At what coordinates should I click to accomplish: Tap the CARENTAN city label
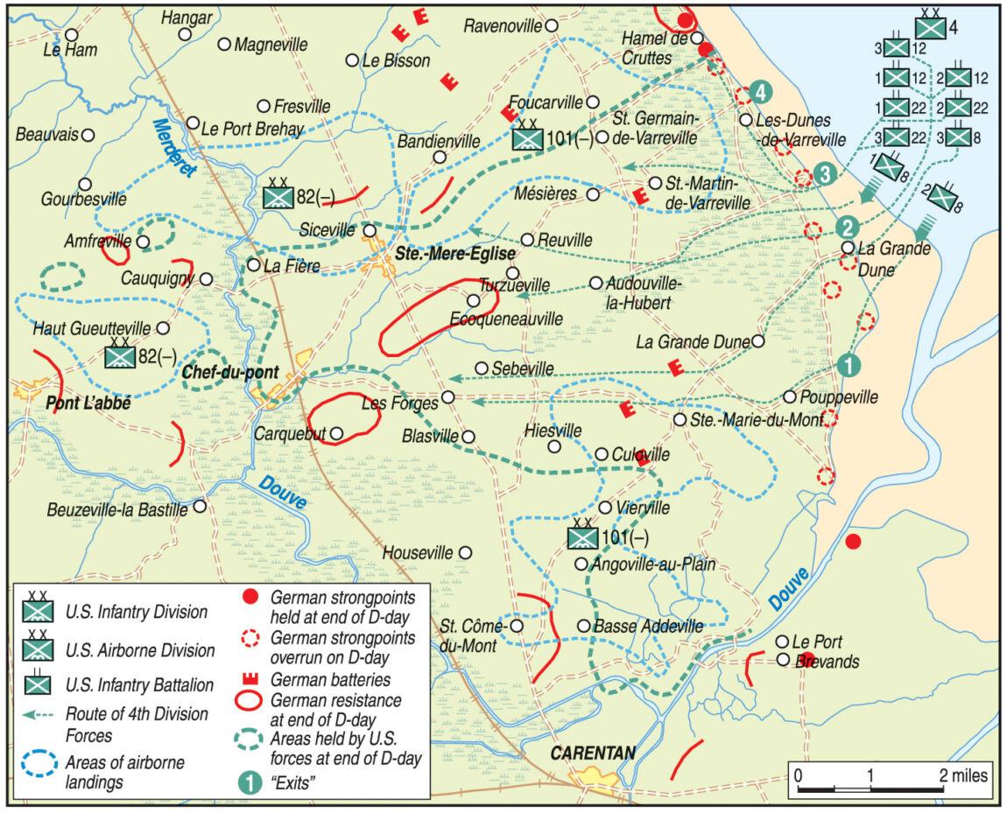[x=593, y=753]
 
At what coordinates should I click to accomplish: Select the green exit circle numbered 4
[x=762, y=91]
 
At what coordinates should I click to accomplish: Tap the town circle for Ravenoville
[x=552, y=26]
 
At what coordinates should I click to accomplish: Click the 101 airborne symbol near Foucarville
[x=528, y=138]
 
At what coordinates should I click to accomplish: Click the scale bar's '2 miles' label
[x=964, y=775]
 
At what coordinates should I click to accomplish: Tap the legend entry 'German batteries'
[x=331, y=679]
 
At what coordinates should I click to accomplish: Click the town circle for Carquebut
[x=334, y=432]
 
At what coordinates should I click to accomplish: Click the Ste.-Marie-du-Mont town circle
[x=680, y=420]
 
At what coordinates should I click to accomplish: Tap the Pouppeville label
[x=841, y=397]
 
